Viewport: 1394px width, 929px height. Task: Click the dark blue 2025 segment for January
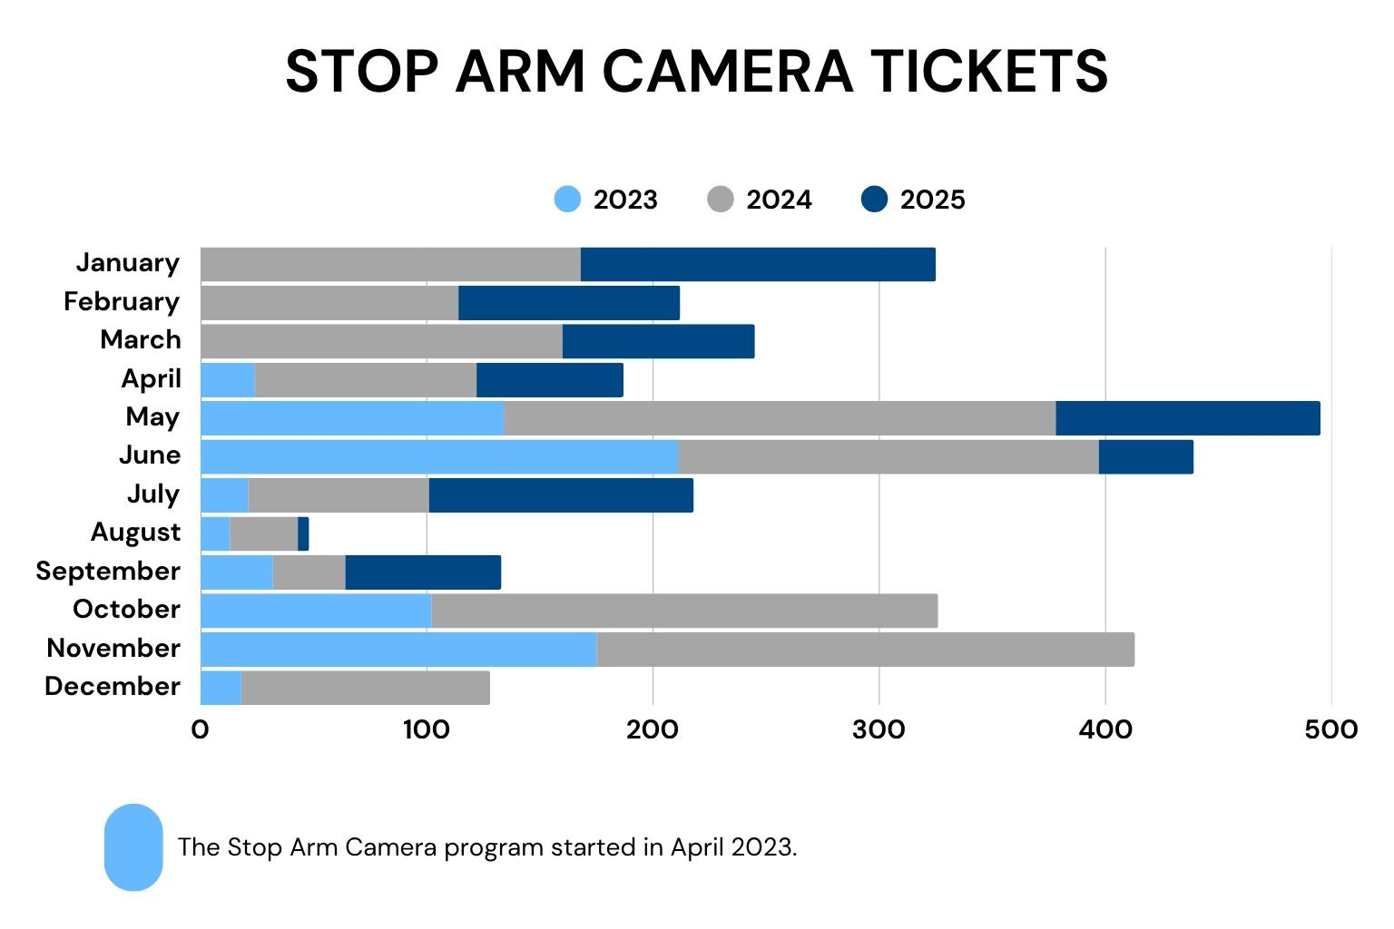758,264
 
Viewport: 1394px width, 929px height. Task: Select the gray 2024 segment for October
684,611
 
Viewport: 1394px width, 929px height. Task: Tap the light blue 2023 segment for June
439,456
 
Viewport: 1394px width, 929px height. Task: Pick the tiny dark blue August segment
303,533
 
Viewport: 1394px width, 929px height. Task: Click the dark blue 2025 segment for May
1187,418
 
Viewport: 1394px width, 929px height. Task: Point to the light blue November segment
398,650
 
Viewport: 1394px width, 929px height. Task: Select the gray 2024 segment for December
366,688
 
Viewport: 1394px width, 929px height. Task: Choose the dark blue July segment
561,495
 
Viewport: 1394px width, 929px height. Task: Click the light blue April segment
228,380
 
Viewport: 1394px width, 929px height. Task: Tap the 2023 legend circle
567,200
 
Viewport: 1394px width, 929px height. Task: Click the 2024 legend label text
779,200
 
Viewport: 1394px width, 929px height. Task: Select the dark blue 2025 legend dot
874,200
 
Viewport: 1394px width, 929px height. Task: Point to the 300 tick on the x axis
879,729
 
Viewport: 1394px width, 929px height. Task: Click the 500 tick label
1331,729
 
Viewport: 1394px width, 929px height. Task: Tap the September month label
108,572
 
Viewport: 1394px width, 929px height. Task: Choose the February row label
122,302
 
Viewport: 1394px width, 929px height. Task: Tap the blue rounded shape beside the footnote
133,847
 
